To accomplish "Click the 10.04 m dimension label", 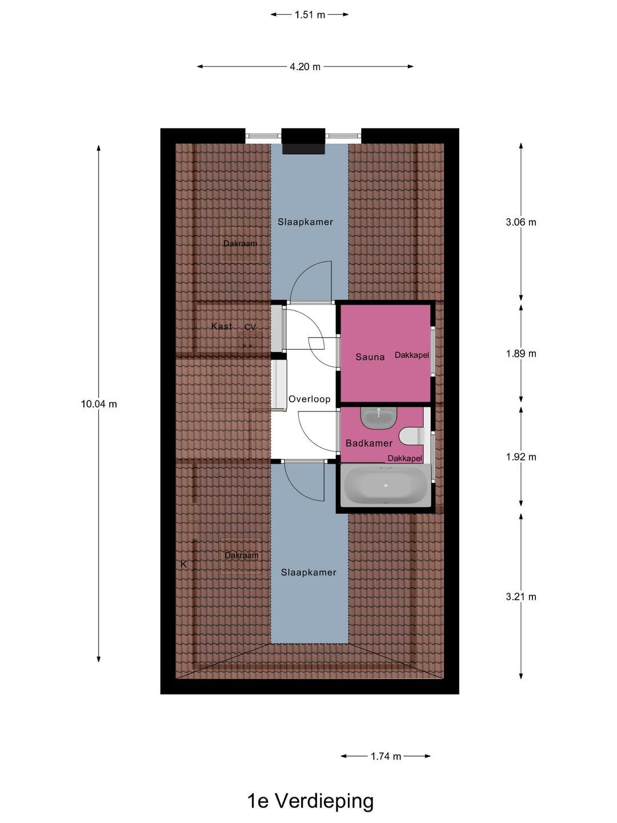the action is (x=99, y=404).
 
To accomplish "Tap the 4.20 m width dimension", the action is (x=305, y=67).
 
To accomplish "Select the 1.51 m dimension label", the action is (x=310, y=15).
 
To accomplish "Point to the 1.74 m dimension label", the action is (x=386, y=756).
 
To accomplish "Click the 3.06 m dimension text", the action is (x=520, y=222).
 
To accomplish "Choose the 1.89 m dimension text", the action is (x=520, y=354).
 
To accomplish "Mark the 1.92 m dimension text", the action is (x=520, y=457).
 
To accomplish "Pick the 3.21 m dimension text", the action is (x=520, y=597).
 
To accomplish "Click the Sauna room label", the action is (x=370, y=357).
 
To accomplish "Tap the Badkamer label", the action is (x=369, y=443).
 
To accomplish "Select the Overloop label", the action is (x=310, y=399).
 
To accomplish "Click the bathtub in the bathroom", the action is (x=386, y=485).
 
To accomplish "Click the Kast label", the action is (x=222, y=326).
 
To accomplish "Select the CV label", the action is (x=250, y=327).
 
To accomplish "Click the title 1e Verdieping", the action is (x=311, y=801).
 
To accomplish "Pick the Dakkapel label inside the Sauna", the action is (x=412, y=355).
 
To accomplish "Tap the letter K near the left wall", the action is (x=183, y=564).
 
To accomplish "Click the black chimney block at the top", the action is (x=303, y=141).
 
